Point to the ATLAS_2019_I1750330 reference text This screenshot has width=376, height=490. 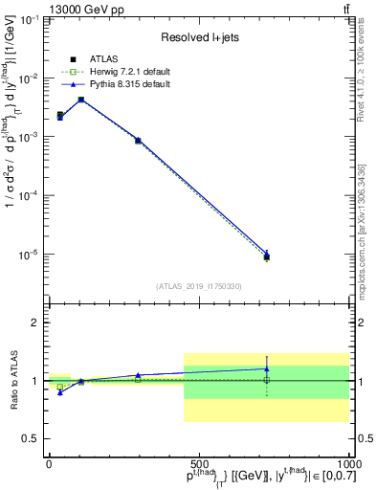[x=199, y=285]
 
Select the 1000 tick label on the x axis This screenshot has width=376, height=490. [x=346, y=463]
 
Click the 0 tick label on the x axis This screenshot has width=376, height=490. [x=49, y=463]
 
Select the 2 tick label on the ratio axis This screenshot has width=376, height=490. [x=35, y=323]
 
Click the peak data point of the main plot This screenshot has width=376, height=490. [x=81, y=100]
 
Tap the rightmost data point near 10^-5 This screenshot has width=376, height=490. [x=267, y=256]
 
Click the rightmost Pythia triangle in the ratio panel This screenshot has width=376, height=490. [x=267, y=368]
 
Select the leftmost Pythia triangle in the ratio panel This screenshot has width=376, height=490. [x=60, y=392]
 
